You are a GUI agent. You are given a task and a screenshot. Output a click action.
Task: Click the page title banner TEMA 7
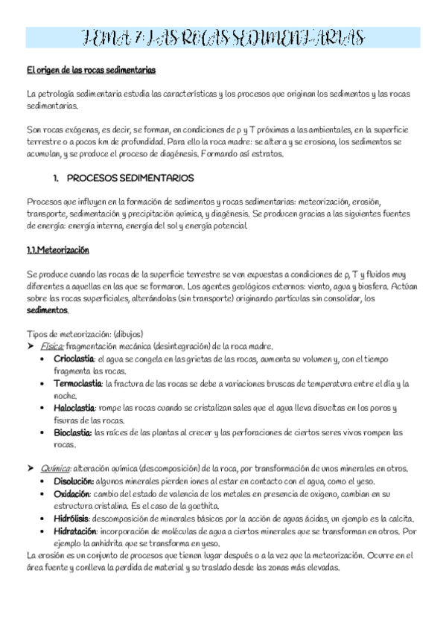[x=223, y=37]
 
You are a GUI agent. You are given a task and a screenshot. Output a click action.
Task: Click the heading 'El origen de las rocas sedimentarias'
[x=91, y=71]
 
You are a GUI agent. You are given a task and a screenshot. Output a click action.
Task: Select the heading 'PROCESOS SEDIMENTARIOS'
[x=130, y=179]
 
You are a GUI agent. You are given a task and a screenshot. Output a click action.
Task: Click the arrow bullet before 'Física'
[x=31, y=346]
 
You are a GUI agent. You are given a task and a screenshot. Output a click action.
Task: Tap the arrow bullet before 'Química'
[x=31, y=469]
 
